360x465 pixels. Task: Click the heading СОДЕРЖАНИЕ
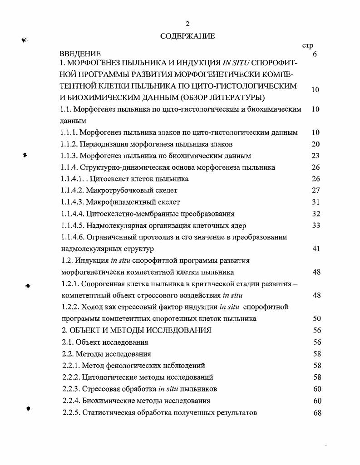tap(187, 36)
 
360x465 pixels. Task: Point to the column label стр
tap(308, 45)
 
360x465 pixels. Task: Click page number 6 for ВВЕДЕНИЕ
tap(315, 54)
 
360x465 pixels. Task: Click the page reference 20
tap(316, 144)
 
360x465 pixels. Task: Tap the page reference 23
tap(316, 156)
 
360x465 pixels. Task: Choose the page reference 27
tap(316, 191)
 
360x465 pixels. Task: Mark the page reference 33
tap(316, 225)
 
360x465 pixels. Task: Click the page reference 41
tap(316, 249)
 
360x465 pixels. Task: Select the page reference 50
tap(316, 318)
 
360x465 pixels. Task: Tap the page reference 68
tap(316, 412)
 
